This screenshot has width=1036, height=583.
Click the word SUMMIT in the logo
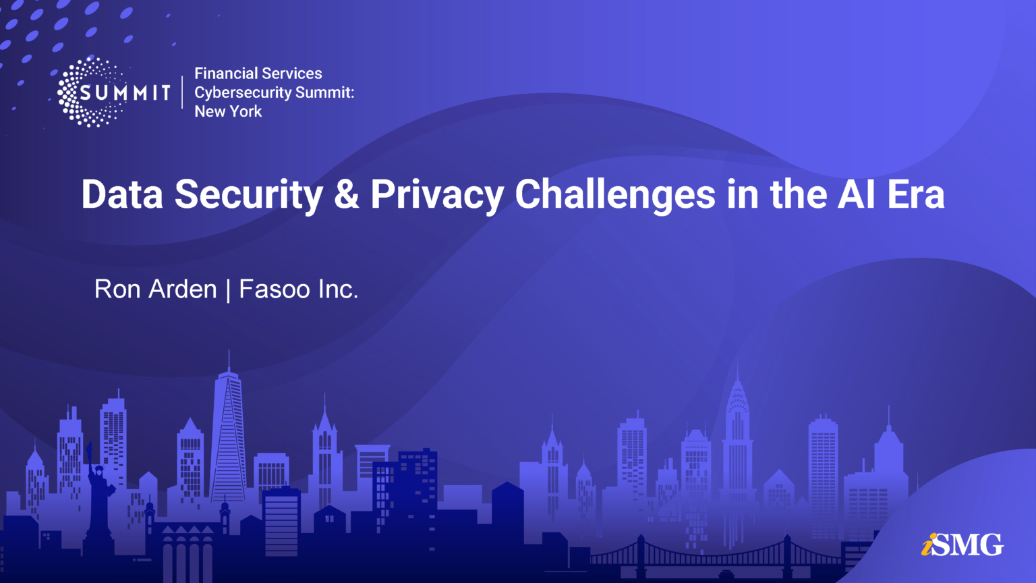[125, 92]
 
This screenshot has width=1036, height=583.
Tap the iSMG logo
[962, 545]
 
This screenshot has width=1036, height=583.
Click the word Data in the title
[122, 194]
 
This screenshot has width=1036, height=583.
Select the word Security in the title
[249, 194]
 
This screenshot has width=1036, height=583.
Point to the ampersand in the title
[346, 194]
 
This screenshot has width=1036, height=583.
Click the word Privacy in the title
[437, 194]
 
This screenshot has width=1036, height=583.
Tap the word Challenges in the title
[615, 194]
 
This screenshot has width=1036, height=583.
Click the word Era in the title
[915, 194]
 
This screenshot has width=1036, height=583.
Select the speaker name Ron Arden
[155, 289]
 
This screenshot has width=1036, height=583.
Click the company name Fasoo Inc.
[298, 289]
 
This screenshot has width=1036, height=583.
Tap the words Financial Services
[258, 74]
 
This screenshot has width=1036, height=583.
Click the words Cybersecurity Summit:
[274, 92]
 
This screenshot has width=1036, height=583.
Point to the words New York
[228, 111]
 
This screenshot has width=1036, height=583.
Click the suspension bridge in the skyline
[715, 553]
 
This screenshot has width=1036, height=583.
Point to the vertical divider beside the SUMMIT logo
[182, 92]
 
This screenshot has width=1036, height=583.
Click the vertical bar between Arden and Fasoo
[228, 290]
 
